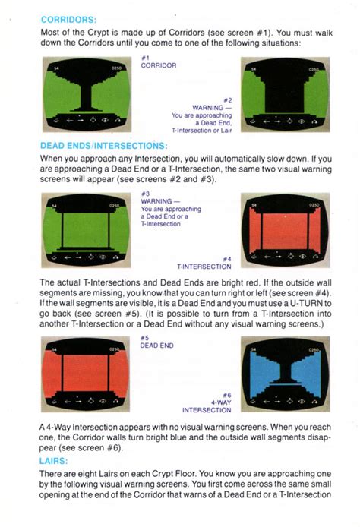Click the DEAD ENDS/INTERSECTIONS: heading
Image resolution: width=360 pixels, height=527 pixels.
(x=103, y=145)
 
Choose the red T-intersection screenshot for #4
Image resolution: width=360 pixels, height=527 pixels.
(x=286, y=229)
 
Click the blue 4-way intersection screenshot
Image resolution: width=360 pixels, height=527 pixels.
(x=286, y=374)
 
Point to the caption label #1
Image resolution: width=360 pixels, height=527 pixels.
(x=146, y=58)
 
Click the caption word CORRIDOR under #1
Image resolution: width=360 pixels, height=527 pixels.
(x=159, y=66)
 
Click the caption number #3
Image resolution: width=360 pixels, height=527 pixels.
(x=146, y=193)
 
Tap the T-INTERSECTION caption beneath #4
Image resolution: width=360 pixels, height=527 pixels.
(x=204, y=267)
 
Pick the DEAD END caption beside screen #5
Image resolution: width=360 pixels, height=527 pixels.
(x=157, y=346)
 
